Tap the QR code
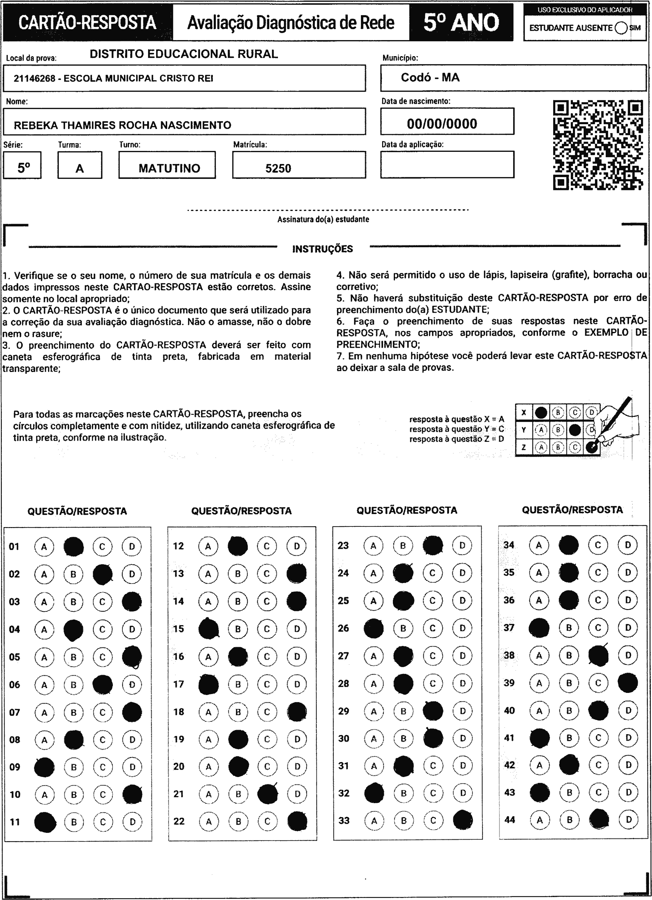[598, 145]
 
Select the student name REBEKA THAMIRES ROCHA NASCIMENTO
[122, 125]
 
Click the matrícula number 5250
[278, 169]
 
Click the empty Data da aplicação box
[447, 165]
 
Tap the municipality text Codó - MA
[430, 77]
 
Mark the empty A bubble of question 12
[208, 546]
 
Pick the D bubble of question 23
[462, 546]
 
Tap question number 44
[510, 819]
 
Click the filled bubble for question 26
[374, 628]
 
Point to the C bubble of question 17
[267, 684]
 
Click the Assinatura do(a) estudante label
[323, 219]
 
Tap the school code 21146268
[34, 79]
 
